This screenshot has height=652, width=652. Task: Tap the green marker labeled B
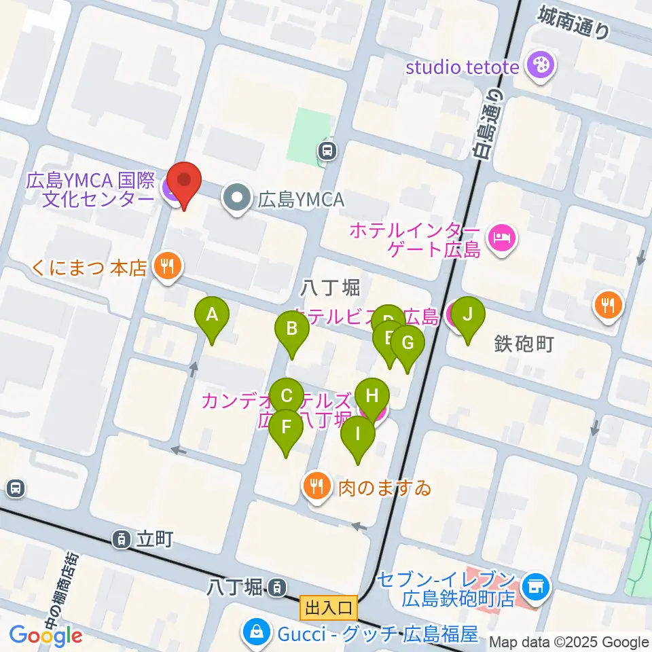(x=291, y=331)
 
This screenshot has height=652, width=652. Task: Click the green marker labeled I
(x=357, y=435)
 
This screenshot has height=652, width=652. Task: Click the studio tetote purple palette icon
(x=544, y=66)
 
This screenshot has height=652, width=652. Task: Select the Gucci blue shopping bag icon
(x=258, y=633)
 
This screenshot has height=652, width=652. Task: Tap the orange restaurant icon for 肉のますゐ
(x=316, y=486)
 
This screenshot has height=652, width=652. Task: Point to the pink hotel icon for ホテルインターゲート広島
(x=503, y=239)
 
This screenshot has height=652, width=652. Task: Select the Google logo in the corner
(x=46, y=635)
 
